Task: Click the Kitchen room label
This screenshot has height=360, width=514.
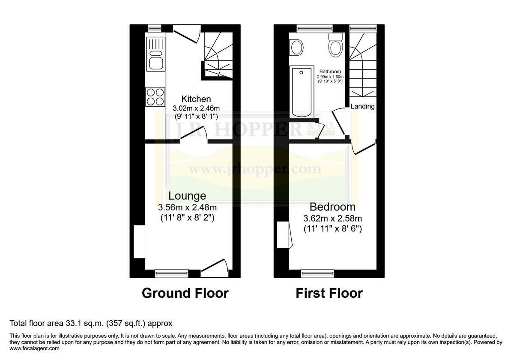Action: (196, 99)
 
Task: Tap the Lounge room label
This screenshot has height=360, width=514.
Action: (187, 196)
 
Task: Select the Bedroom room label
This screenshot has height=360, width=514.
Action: (333, 207)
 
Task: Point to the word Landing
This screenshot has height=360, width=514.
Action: (363, 106)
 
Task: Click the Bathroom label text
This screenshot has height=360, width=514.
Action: (330, 72)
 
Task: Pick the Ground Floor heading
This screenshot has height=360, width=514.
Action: (185, 293)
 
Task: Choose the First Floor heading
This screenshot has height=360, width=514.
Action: (329, 293)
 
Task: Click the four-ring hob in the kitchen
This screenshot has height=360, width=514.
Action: (155, 96)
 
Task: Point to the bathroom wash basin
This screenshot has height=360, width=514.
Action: (296, 47)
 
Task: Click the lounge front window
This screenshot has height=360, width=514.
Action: (171, 272)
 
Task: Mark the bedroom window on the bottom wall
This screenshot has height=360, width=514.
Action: (317, 272)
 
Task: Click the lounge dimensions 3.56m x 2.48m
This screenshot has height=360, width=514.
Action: (187, 207)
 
